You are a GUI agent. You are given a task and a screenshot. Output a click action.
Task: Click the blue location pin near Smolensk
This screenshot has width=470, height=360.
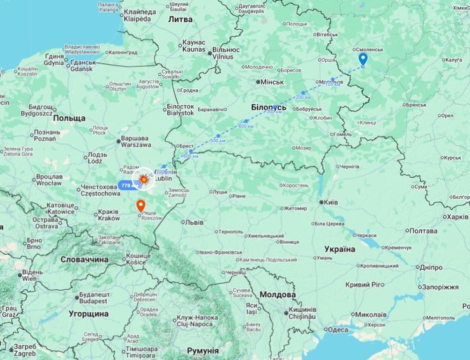[x=363, y=59]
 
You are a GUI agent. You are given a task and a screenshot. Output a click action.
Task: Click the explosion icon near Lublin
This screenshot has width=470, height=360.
[x=144, y=181]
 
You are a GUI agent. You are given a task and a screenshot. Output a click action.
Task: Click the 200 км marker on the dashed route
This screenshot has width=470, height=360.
[x=303, y=96]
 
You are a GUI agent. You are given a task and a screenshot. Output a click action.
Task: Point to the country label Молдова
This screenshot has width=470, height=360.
[x=277, y=295]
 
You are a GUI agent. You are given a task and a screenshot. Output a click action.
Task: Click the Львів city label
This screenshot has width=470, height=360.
[x=195, y=222]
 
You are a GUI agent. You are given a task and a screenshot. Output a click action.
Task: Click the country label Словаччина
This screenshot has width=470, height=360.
[x=84, y=260]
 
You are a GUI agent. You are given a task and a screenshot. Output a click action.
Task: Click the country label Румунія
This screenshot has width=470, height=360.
[x=203, y=350]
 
